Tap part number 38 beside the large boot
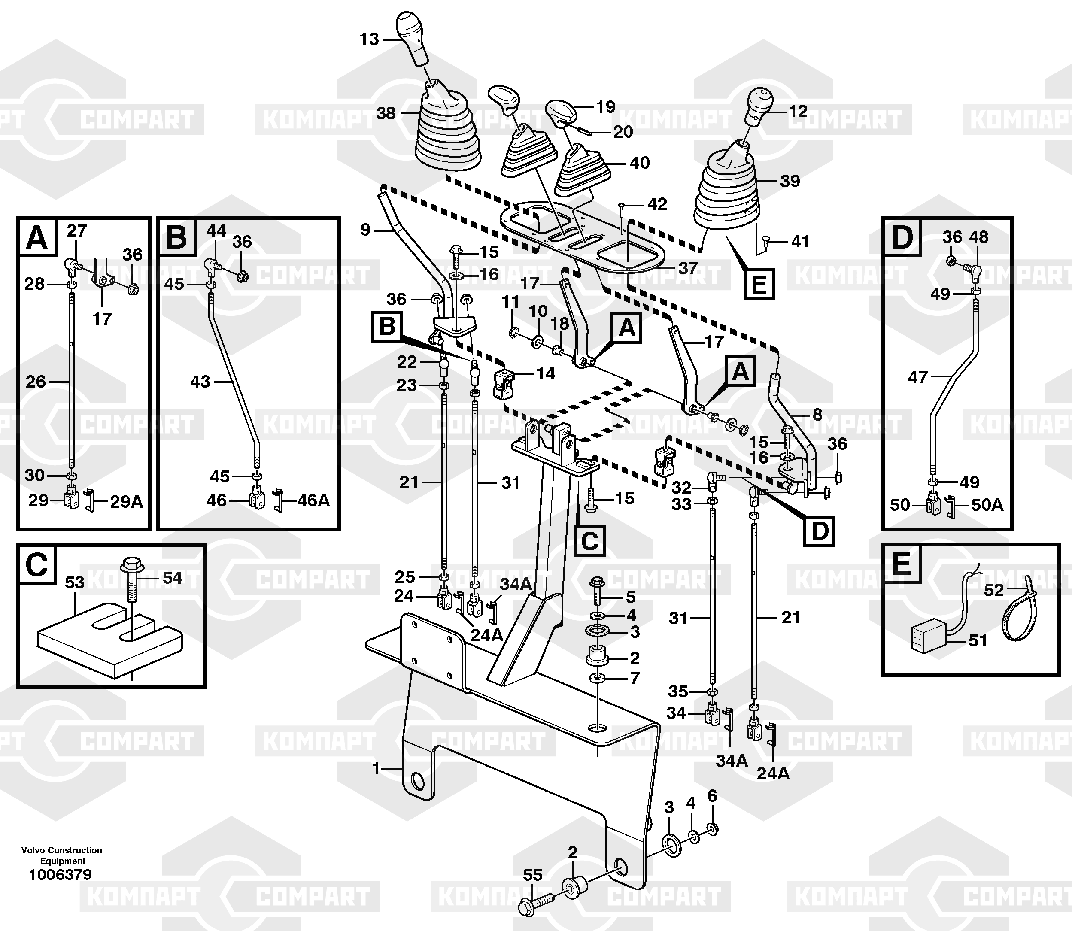(x=386, y=113)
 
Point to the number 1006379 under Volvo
(x=60, y=875)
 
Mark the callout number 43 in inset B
(x=200, y=382)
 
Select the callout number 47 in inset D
(x=918, y=377)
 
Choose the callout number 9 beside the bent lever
(x=366, y=229)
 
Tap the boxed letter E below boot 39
(x=759, y=284)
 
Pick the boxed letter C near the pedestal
(x=589, y=540)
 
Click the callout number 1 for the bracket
(x=377, y=768)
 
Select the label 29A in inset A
(x=126, y=502)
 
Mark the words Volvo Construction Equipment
(x=62, y=855)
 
